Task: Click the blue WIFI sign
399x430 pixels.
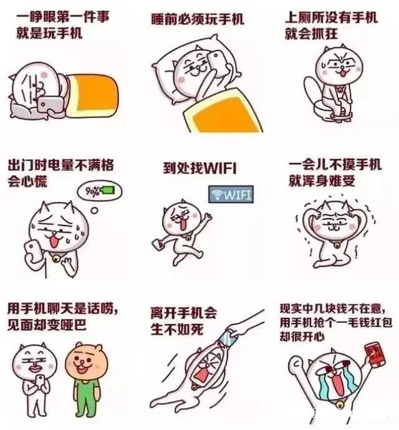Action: click(231, 194)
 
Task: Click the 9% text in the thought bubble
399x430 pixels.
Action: click(92, 189)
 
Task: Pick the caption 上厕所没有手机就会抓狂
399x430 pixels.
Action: click(331, 26)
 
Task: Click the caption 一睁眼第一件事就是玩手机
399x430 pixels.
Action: click(60, 24)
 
